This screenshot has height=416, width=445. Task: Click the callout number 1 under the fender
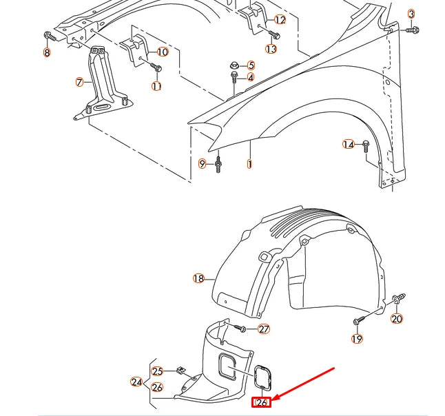249,165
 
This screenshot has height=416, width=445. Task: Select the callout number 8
47,52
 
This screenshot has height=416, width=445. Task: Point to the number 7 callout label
80,82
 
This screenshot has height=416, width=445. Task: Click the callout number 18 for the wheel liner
198,278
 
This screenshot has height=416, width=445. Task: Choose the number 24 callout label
136,382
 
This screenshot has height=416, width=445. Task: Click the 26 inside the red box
261,402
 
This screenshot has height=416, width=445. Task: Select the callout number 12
280,20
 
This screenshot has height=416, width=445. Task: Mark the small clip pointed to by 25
180,370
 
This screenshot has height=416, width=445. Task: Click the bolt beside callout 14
366,145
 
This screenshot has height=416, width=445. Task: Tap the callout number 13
271,49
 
